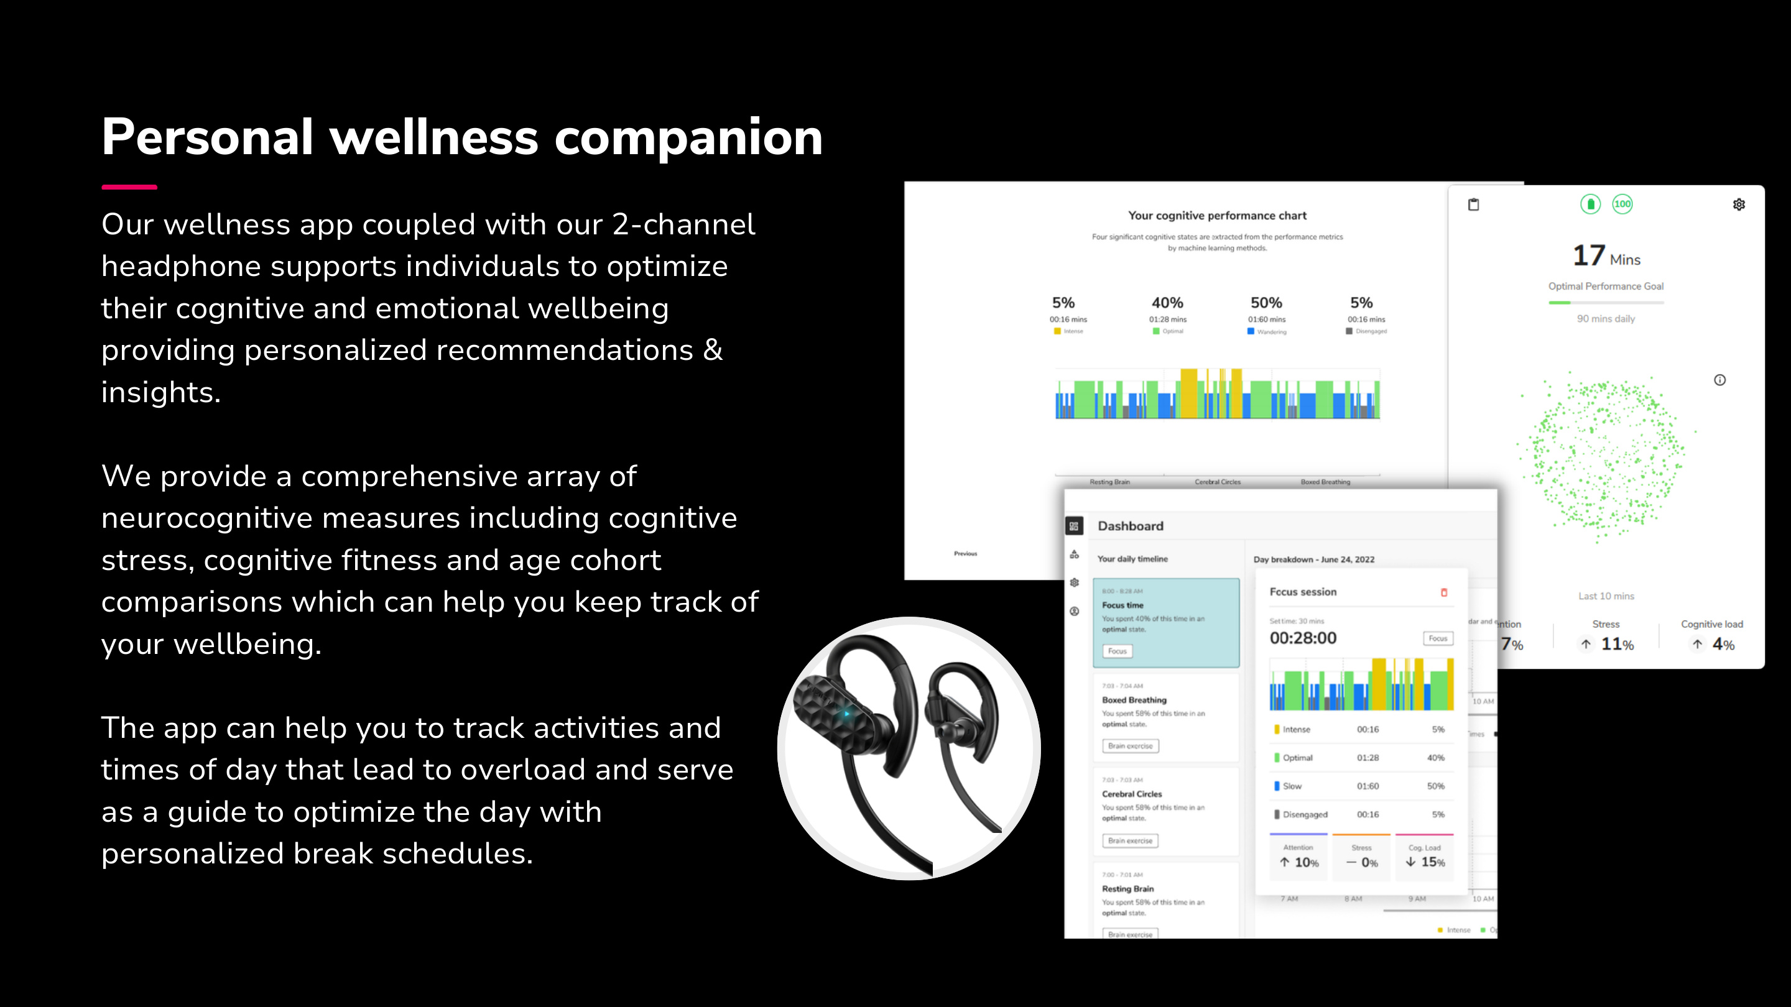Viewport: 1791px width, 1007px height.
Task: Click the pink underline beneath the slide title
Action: [129, 187]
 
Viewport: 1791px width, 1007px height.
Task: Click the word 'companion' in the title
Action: [688, 137]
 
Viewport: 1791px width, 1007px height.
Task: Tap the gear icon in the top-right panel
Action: [1739, 205]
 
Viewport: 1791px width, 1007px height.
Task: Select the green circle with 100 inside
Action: [1622, 204]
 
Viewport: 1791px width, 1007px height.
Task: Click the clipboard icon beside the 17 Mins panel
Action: [1473, 205]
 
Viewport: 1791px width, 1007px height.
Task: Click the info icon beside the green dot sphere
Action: [1719, 380]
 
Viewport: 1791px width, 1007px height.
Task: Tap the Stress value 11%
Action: [1616, 644]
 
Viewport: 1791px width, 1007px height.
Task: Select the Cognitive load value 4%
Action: [1723, 644]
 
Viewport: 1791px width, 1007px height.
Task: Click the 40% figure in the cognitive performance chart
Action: [1167, 302]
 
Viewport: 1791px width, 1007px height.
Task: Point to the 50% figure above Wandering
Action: [1266, 302]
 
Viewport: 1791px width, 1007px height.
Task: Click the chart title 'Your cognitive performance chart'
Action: [1217, 216]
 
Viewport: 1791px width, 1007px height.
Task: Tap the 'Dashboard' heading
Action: [1131, 526]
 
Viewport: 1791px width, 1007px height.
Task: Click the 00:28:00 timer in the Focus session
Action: [1303, 638]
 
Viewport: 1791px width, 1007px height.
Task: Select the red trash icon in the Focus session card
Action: [1444, 592]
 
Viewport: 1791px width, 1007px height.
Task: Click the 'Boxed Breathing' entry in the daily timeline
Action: [1134, 700]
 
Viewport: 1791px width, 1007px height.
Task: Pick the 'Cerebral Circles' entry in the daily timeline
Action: [1132, 794]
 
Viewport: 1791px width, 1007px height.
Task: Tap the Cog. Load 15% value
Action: [1432, 862]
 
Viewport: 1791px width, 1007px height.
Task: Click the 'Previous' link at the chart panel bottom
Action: [965, 554]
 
